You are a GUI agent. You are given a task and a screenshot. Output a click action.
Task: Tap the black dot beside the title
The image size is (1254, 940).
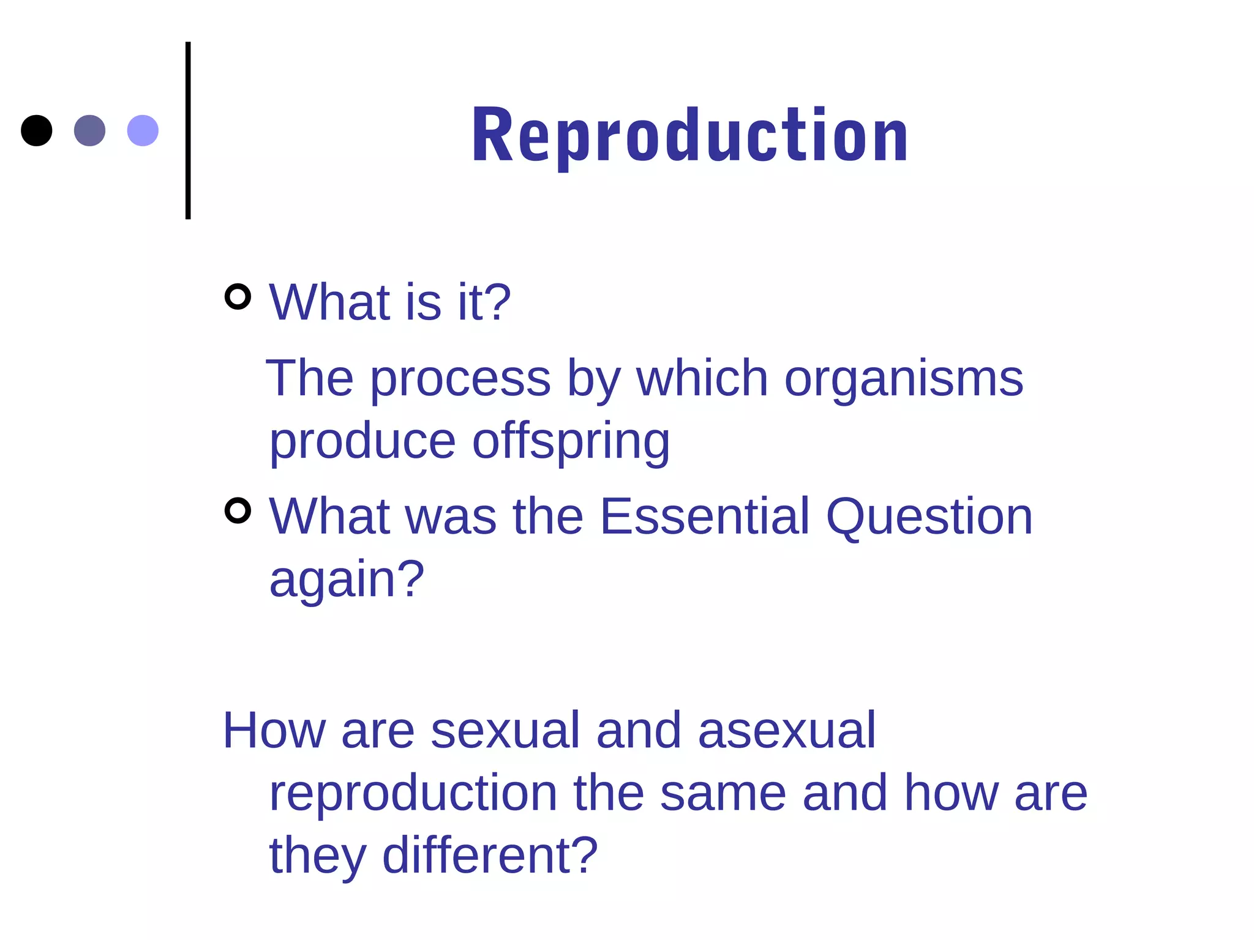click(x=36, y=130)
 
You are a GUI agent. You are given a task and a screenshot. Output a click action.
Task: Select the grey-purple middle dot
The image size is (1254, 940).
click(x=89, y=130)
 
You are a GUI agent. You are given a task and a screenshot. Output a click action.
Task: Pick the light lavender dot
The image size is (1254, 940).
click(x=143, y=130)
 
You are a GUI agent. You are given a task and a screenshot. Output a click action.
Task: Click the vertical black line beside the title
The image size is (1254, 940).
click(x=188, y=130)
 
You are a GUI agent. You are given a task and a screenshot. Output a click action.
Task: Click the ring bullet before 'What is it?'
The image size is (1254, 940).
click(x=238, y=297)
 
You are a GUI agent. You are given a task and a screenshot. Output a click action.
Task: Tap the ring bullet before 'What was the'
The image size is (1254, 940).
click(x=238, y=510)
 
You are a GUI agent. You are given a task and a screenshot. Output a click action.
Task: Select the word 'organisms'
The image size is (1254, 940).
click(x=904, y=379)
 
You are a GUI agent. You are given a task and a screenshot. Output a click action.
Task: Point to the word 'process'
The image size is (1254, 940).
click(x=460, y=379)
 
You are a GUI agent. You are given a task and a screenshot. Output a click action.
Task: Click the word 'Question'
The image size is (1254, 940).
click(x=929, y=518)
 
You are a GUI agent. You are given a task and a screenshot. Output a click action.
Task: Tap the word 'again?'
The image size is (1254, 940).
click(x=347, y=580)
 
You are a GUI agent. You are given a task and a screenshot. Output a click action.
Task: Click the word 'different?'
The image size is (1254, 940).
click(x=490, y=855)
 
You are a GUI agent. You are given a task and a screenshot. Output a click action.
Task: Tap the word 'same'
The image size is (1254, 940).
click(x=723, y=794)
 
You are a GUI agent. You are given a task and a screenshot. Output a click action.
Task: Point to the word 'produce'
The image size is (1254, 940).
click(x=362, y=442)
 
